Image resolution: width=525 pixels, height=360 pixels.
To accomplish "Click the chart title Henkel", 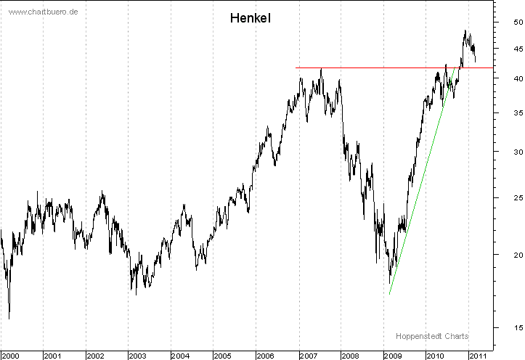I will (x=251, y=17).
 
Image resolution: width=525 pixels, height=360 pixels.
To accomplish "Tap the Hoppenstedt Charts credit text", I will (x=432, y=336).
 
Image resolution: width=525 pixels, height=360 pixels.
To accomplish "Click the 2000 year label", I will (x=9, y=355).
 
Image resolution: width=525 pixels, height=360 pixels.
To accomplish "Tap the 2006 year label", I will (x=265, y=355).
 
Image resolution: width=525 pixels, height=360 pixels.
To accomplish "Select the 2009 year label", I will (x=392, y=355).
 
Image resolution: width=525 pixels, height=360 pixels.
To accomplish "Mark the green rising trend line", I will (x=421, y=181).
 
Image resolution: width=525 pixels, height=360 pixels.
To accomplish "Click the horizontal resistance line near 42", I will (x=363, y=67).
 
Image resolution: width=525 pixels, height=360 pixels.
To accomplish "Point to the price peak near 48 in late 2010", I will (x=465, y=31).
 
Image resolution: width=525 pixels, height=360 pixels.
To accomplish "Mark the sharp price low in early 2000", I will (x=9, y=317).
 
